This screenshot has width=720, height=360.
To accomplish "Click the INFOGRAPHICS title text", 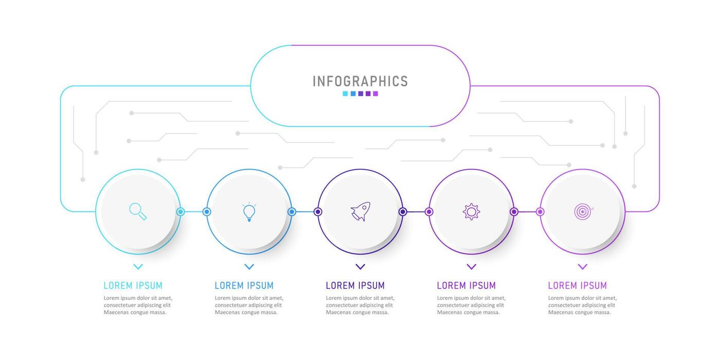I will pyautogui.click(x=360, y=81).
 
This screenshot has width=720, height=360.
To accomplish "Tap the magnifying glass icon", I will pyautogui.click(x=138, y=211).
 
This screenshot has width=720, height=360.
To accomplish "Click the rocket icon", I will pyautogui.click(x=360, y=211).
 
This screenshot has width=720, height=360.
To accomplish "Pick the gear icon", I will pyautogui.click(x=471, y=211).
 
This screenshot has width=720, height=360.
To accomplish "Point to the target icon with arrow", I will pyautogui.click(x=583, y=211).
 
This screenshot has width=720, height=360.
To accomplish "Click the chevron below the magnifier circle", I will pyautogui.click(x=138, y=267).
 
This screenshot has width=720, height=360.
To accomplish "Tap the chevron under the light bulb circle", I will pyautogui.click(x=249, y=267).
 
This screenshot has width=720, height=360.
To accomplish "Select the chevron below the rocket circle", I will pyautogui.click(x=360, y=267).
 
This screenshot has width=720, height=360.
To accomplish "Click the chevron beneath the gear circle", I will pyautogui.click(x=471, y=267).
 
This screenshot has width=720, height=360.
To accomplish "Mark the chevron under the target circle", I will pyautogui.click(x=582, y=267).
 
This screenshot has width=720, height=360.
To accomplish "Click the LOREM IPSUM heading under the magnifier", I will pyautogui.click(x=133, y=285).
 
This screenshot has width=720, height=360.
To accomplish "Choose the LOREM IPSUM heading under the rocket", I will pyautogui.click(x=355, y=285).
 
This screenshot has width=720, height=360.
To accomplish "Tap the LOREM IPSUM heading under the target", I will pyautogui.click(x=577, y=285).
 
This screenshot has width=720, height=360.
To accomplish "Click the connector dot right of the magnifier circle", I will pyautogui.click(x=181, y=211).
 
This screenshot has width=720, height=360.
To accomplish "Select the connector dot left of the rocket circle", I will pyautogui.click(x=318, y=211).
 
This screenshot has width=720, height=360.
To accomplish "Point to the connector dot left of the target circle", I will pyautogui.click(x=540, y=211).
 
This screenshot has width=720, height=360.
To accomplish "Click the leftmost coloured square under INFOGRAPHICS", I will pyautogui.click(x=345, y=94).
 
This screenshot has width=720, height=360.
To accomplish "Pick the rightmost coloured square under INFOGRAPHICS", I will pyautogui.click(x=375, y=94).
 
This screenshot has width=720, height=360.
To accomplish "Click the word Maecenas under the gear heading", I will pyautogui.click(x=450, y=312).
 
